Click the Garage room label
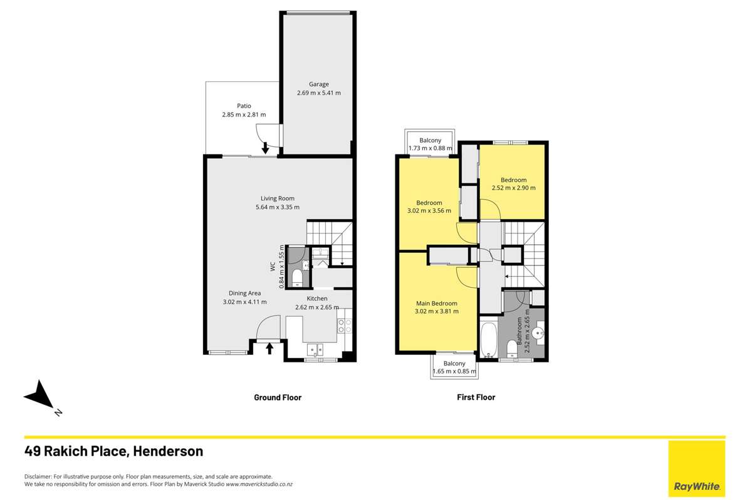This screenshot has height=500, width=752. (318, 84)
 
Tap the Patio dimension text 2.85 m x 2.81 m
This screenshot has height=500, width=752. (244, 115)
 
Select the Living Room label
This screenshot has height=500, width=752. (278, 198)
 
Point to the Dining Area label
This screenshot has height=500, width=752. (244, 293)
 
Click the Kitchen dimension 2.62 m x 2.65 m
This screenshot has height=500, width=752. (316, 307)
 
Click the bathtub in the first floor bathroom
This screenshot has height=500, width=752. (489, 340)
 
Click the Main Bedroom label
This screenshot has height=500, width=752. (436, 303)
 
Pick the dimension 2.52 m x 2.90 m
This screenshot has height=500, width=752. (513, 188)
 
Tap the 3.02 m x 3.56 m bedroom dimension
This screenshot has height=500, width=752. (429, 211)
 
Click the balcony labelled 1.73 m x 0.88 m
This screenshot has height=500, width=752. (431, 144)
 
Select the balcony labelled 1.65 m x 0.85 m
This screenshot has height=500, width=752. (454, 368)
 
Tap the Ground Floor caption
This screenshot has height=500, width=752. (278, 397)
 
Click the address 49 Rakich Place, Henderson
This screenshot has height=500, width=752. (113, 451)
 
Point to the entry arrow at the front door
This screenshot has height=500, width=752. (270, 348)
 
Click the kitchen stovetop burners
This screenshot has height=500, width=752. (345, 325)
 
